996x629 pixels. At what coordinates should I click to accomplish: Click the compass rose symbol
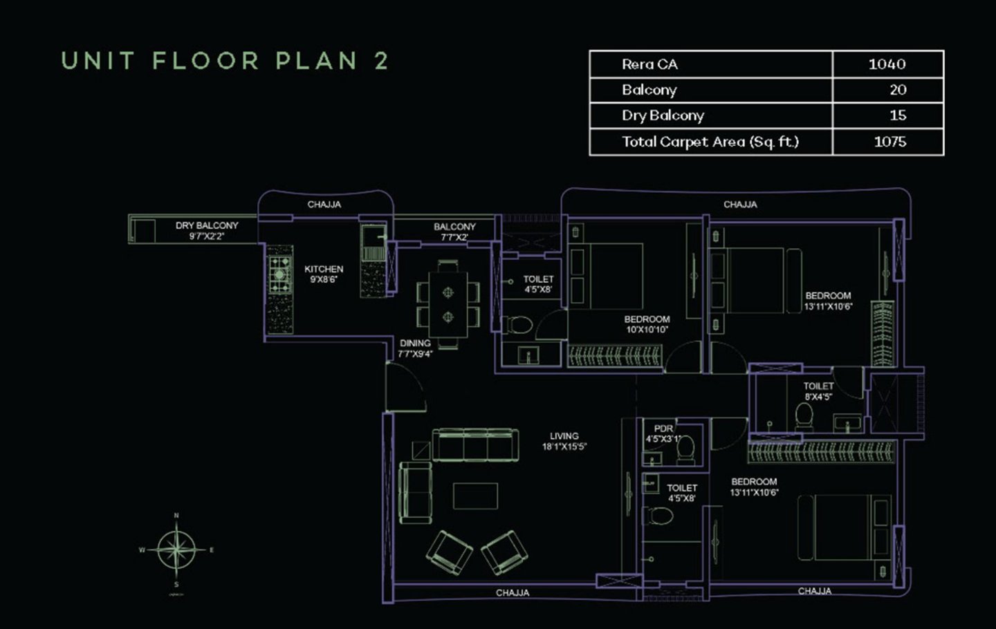pyautogui.click(x=176, y=550)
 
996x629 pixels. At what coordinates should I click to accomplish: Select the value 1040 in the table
pyautogui.click(x=887, y=64)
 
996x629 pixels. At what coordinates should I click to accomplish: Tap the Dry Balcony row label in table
pyautogui.click(x=662, y=115)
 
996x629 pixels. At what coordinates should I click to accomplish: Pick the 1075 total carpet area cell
pyautogui.click(x=889, y=142)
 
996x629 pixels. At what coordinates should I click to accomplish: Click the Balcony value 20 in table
pyautogui.click(x=897, y=90)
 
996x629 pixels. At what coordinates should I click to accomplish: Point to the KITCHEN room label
pyautogui.click(x=324, y=269)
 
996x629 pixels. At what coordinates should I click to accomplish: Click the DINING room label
pyautogui.click(x=415, y=343)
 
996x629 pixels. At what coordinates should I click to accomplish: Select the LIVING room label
pyautogui.click(x=564, y=436)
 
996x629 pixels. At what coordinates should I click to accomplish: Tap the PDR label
pyautogui.click(x=663, y=429)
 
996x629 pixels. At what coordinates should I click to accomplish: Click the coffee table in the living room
pyautogui.click(x=475, y=496)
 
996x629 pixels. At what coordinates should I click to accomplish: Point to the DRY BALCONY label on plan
pyautogui.click(x=206, y=225)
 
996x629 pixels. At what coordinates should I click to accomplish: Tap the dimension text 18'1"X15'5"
pyautogui.click(x=564, y=447)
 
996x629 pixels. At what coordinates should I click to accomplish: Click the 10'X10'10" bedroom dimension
pyautogui.click(x=647, y=330)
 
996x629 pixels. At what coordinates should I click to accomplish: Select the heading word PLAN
pyautogui.click(x=316, y=61)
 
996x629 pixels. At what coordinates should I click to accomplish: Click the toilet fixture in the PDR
pyautogui.click(x=685, y=451)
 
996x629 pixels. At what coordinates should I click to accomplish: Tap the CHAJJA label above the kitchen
pyautogui.click(x=324, y=205)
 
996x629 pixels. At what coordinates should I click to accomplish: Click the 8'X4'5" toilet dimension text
pyautogui.click(x=818, y=397)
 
